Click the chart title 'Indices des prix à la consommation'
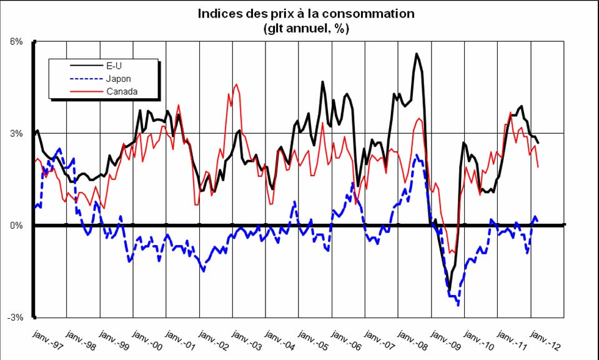point(306,13)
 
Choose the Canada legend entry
point(122,91)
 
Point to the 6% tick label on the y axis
point(16,41)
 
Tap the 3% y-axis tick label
point(16,133)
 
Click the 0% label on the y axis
point(16,225)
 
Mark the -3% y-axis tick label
point(14,317)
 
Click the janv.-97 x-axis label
point(47,339)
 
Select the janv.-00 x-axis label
point(147,339)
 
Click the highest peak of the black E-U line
point(416,54)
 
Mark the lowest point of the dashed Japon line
point(458,304)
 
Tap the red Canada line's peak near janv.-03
point(235,84)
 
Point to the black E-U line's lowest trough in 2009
point(450,289)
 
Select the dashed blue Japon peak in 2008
point(417,156)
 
